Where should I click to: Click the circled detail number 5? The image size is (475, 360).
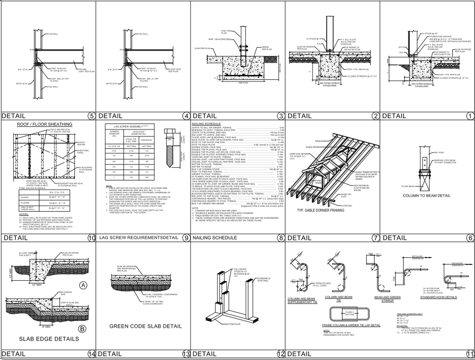[x=91, y=116]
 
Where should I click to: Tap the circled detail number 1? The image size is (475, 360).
[x=470, y=116]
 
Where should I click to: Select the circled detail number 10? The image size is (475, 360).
[x=91, y=238]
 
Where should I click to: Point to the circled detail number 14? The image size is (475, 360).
[x=91, y=354]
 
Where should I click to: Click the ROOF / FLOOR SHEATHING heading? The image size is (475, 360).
[x=44, y=124]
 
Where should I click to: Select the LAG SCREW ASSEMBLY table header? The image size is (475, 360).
[x=127, y=126]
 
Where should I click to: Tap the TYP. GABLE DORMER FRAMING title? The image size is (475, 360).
[x=321, y=210]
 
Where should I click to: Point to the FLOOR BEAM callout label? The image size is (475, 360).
[x=407, y=186]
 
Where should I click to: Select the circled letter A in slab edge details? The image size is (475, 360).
[x=83, y=285]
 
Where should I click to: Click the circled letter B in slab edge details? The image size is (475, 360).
[x=83, y=328]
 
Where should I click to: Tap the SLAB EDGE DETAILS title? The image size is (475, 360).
[x=49, y=339]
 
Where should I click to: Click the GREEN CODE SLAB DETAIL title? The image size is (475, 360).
[x=145, y=326]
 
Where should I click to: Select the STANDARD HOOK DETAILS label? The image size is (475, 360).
[x=438, y=297]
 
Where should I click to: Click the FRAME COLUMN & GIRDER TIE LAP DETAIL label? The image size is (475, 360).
[x=351, y=325]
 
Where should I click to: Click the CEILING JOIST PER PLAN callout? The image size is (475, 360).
[x=86, y=70]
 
